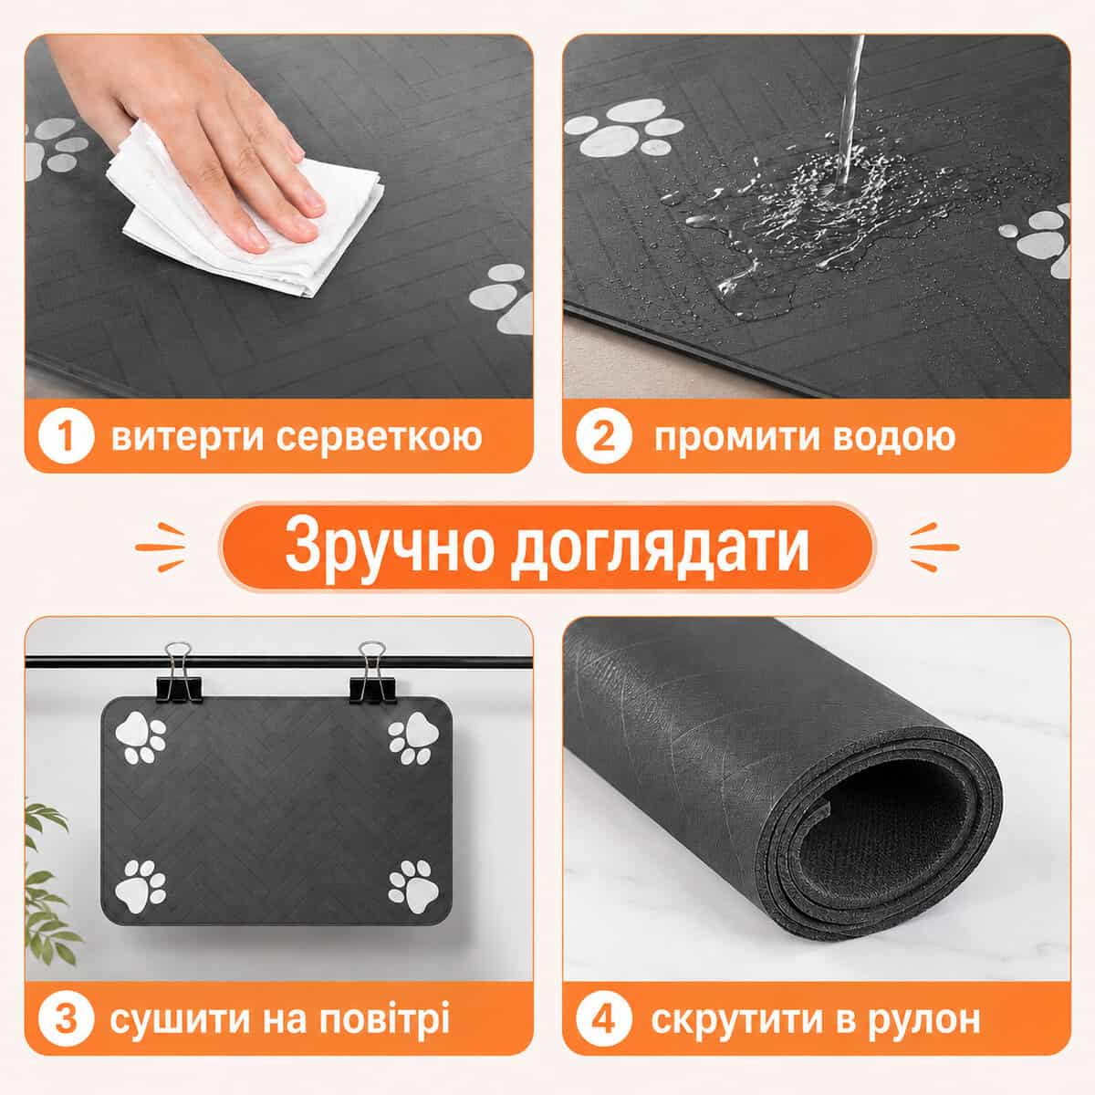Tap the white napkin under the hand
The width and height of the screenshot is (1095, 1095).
click(245, 215)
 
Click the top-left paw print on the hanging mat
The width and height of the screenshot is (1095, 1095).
click(140, 737)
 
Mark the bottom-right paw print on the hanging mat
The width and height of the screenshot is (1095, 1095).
click(413, 890)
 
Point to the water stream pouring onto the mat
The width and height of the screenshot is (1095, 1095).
click(850, 108)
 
